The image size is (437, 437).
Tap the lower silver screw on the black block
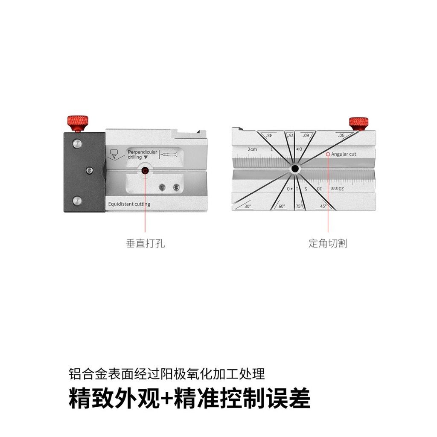click(x=77, y=200)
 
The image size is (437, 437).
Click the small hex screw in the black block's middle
click(x=88, y=171)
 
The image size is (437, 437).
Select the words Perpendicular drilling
click(x=142, y=154)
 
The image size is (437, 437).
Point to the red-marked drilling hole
click(x=145, y=171)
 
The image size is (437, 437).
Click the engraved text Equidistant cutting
click(x=129, y=204)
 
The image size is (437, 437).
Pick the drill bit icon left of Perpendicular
click(x=114, y=154)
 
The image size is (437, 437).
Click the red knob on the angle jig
click(x=359, y=123)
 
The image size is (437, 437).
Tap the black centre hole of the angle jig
click(x=295, y=169)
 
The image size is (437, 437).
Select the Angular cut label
click(x=344, y=154)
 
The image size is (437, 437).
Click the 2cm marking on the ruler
click(x=252, y=149)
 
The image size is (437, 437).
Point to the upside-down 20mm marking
click(x=337, y=188)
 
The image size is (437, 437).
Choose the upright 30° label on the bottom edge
click(x=248, y=207)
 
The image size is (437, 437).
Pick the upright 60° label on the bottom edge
click(x=282, y=207)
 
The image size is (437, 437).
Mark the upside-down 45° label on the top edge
click(x=269, y=135)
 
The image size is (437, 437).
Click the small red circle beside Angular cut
click(x=328, y=154)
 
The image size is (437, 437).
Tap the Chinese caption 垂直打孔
click(x=145, y=244)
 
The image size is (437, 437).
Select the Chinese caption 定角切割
click(x=328, y=244)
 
